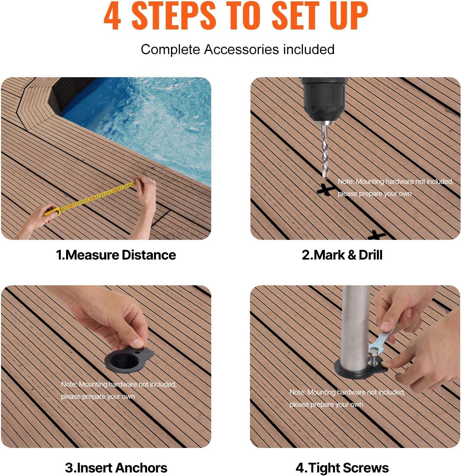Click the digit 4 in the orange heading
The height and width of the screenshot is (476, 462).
(x=112, y=16)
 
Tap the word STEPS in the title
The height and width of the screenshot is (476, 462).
(x=174, y=16)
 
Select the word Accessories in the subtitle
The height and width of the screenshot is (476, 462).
(x=241, y=50)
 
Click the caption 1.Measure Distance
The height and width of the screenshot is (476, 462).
(x=116, y=255)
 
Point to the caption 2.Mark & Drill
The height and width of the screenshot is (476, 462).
(x=342, y=255)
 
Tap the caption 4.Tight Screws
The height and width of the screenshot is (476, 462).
(x=342, y=468)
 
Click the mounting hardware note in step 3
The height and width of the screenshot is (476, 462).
(x=119, y=390)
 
